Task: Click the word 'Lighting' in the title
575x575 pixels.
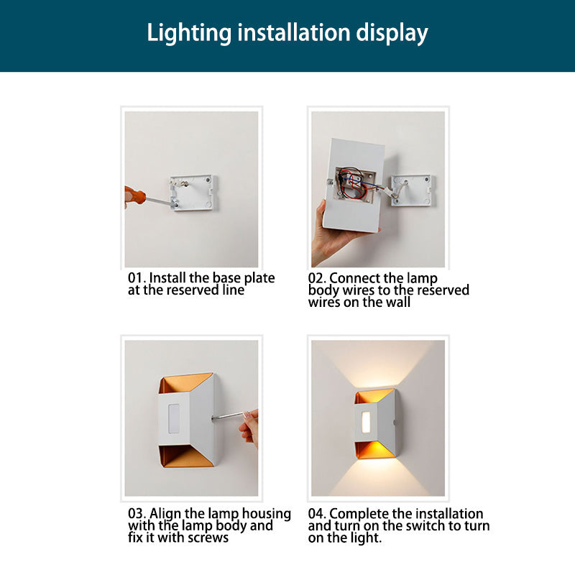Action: coord(189,34)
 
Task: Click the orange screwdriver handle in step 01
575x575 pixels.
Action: coord(135,194)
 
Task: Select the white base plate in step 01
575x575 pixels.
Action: coord(193,193)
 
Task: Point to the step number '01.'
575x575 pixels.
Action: coord(137,278)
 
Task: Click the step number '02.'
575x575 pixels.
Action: coord(317,278)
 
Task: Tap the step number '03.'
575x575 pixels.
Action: coord(137,513)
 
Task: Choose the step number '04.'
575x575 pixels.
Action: coord(317,514)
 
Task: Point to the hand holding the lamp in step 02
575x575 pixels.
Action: coord(332,235)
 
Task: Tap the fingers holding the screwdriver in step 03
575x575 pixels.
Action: coord(249,427)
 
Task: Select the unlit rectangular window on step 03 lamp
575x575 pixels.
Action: coord(173,418)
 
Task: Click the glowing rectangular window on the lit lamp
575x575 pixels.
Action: coord(366,422)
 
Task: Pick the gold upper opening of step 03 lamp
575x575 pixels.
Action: coord(185,383)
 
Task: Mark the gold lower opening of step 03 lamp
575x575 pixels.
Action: coord(185,456)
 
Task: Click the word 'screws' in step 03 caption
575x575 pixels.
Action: coord(208,538)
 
